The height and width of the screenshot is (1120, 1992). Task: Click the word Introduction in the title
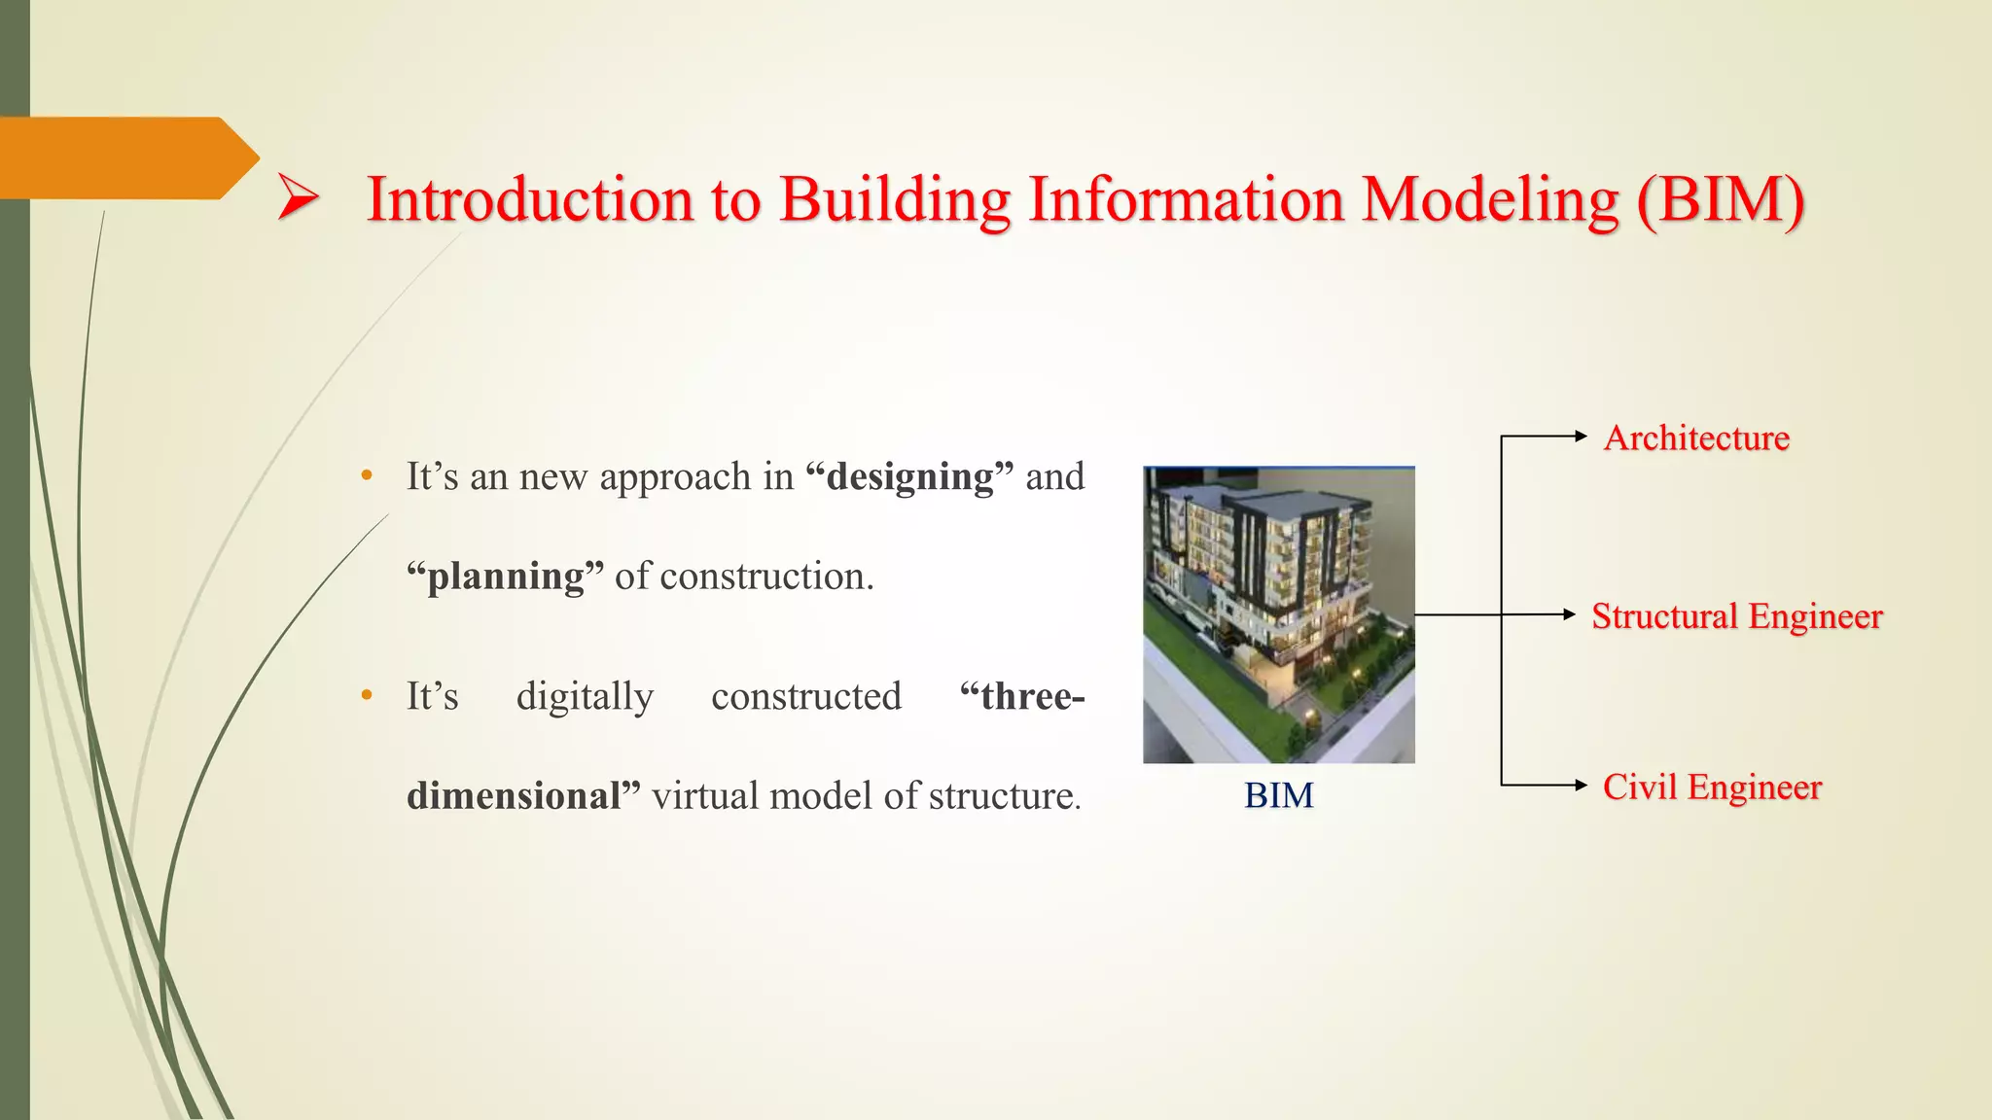pos(530,199)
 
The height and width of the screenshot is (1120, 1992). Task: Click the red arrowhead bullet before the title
pos(298,197)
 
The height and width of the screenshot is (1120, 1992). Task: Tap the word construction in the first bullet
pos(766,577)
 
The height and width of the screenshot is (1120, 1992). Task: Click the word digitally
pos(585,697)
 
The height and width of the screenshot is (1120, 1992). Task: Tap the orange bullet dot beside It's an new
pos(367,476)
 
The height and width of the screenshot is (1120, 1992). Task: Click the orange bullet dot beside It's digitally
pos(367,696)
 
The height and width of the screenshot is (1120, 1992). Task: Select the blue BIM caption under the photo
pos(1278,796)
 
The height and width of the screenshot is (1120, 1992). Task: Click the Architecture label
pos(1696,438)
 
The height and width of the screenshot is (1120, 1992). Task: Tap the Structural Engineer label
pos(1737,616)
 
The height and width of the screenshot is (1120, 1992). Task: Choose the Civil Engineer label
pos(1712,787)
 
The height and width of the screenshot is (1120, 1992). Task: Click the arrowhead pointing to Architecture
pos(1581,437)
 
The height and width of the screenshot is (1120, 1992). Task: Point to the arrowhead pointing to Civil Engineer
pos(1581,785)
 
